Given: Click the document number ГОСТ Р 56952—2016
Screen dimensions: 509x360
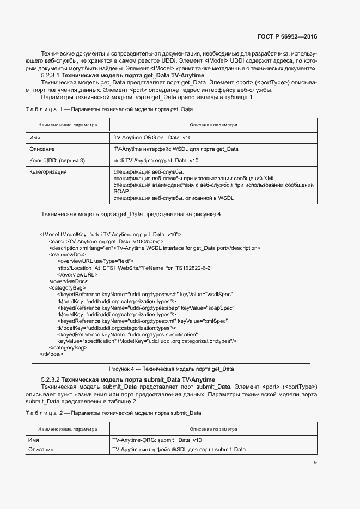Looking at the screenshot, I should click(x=287, y=36).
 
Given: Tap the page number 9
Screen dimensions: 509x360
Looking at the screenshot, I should click(x=315, y=463).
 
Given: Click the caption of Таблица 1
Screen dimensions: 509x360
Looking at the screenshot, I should click(x=109, y=109).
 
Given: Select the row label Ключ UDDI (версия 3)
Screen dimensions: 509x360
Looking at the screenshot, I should click(x=57, y=161).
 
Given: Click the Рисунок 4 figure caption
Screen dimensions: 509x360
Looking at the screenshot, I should click(x=171, y=369).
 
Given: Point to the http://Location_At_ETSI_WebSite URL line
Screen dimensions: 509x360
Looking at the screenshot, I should click(x=133, y=268).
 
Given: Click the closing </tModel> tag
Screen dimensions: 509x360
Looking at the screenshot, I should click(x=52, y=354).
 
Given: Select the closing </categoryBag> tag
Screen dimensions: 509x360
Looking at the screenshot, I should click(x=68, y=347).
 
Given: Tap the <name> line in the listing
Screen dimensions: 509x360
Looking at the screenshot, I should click(x=106, y=241).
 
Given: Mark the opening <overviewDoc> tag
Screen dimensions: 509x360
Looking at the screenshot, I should click(x=67, y=254).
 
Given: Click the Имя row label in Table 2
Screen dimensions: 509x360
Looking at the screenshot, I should click(x=34, y=440).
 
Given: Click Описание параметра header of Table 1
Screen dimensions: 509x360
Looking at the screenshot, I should click(x=213, y=125).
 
